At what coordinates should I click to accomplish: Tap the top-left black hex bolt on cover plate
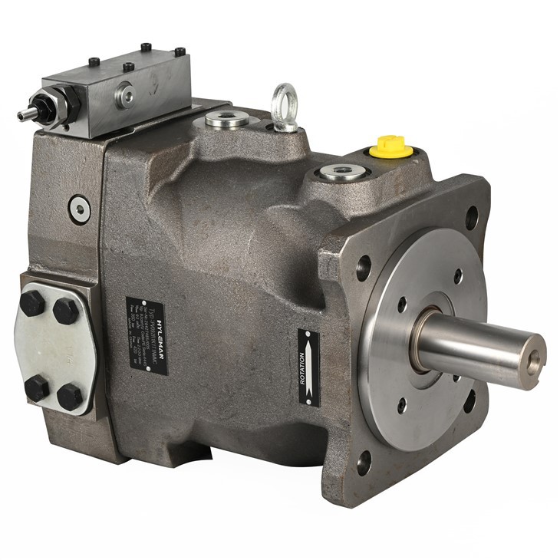pos(32,304)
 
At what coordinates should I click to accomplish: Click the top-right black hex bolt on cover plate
pos(66,311)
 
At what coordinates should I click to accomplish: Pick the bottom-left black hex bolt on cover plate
pos(35,387)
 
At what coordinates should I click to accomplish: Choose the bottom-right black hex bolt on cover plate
pos(70,396)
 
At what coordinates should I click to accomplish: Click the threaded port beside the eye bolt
pos(226,120)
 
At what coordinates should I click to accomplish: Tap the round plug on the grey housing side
pos(79,207)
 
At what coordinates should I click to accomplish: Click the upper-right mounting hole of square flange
pos(470,218)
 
